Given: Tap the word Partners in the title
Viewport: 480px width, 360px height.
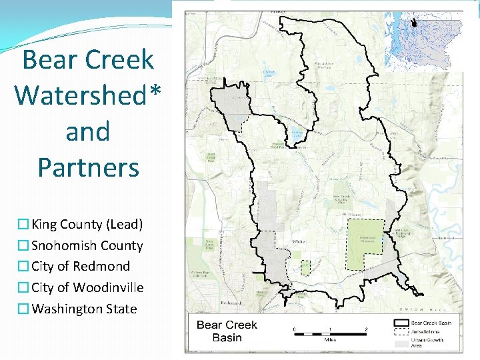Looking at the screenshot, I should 89,167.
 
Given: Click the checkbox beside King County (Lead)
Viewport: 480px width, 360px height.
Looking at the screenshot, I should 24,225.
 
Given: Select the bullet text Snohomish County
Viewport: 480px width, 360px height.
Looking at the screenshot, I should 87,245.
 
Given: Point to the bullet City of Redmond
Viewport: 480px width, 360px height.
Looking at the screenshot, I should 81,266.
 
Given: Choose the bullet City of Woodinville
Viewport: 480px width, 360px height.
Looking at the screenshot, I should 87,287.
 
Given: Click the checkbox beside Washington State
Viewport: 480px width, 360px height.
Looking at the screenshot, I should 24,309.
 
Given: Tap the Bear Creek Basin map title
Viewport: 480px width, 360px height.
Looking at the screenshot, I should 227,331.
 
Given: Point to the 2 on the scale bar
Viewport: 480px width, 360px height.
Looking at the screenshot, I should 366,330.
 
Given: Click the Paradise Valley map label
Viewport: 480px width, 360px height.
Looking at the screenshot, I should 324,65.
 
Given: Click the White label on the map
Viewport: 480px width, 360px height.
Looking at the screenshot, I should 299,241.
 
